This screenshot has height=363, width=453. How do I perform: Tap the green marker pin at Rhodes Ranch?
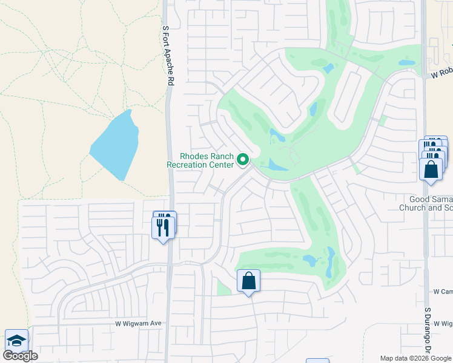click(243, 160)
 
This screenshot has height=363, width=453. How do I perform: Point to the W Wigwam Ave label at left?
click(139, 324)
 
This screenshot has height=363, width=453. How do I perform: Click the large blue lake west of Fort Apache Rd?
click(115, 145)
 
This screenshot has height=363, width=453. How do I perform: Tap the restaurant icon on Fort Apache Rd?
click(162, 227)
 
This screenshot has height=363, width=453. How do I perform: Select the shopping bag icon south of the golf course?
click(248, 281)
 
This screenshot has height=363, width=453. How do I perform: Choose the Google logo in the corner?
click(20, 356)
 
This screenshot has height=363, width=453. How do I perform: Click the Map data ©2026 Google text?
click(415, 358)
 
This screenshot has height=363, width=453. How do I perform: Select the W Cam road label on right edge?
click(443, 291)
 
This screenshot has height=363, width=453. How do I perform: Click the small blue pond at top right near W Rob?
click(406, 62)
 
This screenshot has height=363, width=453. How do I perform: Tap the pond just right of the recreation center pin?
click(277, 165)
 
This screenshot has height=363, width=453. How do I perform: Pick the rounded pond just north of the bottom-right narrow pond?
click(309, 260)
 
